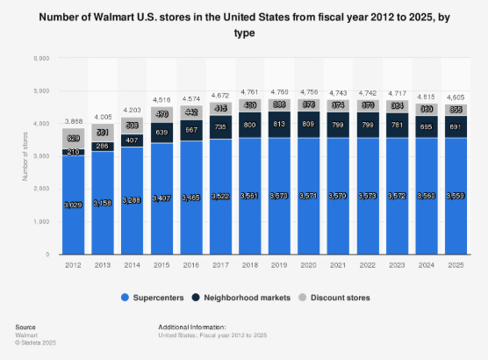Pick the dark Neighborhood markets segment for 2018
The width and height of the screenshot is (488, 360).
250,126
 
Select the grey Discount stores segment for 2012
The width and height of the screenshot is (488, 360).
74,139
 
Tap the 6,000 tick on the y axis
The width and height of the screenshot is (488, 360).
40,58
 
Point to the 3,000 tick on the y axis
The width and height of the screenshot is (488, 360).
40,156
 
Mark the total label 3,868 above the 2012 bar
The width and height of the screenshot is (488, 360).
74,122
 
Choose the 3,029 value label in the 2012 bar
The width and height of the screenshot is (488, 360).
74,205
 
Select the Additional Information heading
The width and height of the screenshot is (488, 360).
191,324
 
